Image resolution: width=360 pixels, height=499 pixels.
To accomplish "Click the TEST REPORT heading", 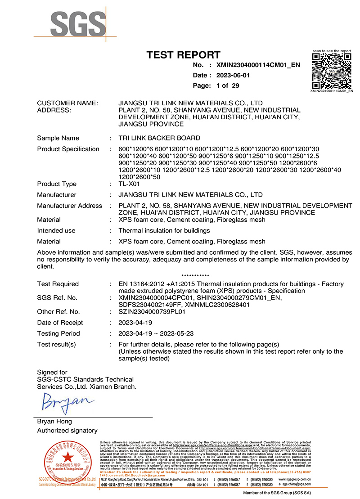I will click(184, 55).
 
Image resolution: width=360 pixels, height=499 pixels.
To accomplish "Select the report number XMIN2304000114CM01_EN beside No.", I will click(258, 65).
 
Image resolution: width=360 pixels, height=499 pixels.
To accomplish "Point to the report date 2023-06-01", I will click(234, 75).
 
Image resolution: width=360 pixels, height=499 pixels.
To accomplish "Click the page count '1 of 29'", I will click(228, 85).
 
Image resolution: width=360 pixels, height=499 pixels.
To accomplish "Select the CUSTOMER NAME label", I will click(67, 103).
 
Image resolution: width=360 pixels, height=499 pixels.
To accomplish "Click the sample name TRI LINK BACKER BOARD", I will click(159, 138).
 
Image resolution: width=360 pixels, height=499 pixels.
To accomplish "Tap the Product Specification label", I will click(68, 149).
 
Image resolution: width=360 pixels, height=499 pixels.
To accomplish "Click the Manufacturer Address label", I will click(69, 206).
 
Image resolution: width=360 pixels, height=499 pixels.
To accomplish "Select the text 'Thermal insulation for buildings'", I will click(164, 230).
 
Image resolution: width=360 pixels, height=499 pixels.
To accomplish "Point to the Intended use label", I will click(56, 230).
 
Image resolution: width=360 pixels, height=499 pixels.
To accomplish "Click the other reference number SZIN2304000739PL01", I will click(150, 311).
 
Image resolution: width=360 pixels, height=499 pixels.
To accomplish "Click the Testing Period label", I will click(58, 333).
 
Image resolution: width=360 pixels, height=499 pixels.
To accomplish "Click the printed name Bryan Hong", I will click(54, 422).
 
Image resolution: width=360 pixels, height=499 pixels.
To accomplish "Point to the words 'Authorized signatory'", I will click(67, 431).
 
